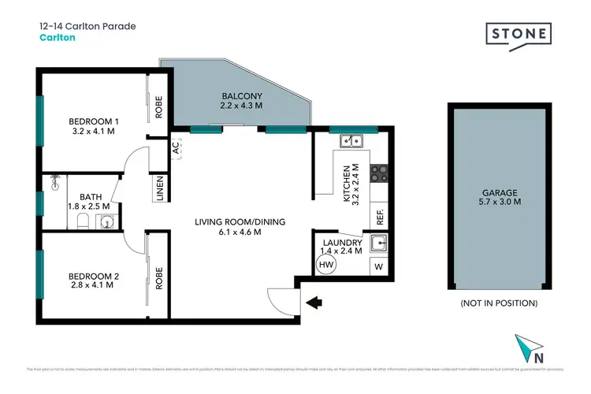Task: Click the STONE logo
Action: point(518,35)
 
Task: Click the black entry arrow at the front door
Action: point(316,301)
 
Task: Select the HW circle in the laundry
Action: point(326,266)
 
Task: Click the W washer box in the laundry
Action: point(378,266)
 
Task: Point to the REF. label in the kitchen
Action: point(378,213)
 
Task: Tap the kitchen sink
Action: point(351,142)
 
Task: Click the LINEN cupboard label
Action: point(160,189)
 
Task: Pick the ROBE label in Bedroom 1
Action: point(159,106)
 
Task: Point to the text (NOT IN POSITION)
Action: point(498,303)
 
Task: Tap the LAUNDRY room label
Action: point(340,242)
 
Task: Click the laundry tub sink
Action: point(378,242)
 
